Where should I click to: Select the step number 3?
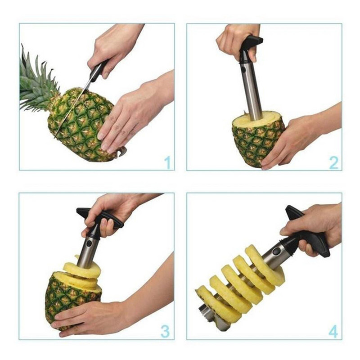point(166,331)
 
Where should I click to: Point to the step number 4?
point(333,332)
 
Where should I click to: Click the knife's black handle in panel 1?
point(98,71)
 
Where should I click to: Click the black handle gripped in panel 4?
point(310,234)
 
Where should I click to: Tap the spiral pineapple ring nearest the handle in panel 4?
point(265,265)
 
